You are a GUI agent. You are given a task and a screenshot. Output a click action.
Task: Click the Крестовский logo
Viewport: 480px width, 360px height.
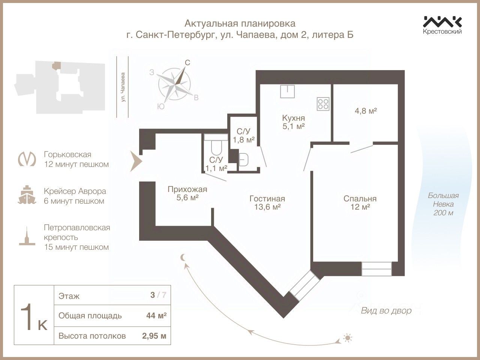(442, 24)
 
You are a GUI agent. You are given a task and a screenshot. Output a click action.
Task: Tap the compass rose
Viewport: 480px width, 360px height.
(174, 83)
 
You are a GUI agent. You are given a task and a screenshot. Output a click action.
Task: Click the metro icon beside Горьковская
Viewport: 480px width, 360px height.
(28, 159)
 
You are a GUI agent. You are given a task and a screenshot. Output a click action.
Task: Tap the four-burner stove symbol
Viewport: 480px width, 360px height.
(323, 103)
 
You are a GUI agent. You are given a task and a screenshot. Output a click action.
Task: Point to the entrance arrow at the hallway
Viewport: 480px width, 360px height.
(135, 161)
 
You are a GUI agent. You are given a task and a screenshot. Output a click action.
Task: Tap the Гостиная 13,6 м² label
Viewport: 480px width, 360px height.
(267, 202)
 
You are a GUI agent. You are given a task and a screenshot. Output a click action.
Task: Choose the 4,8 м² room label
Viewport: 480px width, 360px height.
(365, 111)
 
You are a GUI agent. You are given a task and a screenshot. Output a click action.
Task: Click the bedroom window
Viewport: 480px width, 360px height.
(376, 268)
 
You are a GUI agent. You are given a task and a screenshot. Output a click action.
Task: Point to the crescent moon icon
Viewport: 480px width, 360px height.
(183, 257)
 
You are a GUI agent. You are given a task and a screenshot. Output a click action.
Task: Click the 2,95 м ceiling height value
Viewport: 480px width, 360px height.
(154, 336)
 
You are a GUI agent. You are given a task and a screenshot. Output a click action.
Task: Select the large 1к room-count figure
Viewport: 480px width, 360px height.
(34, 316)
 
